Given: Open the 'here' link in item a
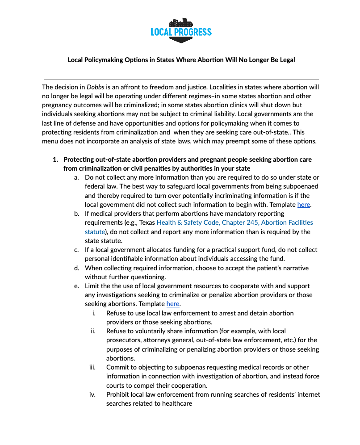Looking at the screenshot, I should tap(303, 205).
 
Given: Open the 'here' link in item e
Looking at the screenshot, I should tap(172, 304).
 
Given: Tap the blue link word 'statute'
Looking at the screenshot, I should tap(95, 232).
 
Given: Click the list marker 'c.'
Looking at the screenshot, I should tap(77, 250).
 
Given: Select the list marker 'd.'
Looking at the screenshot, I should tap(77, 268).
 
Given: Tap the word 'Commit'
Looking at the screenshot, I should tap(117, 367).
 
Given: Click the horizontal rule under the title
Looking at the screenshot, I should tap(181, 79).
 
